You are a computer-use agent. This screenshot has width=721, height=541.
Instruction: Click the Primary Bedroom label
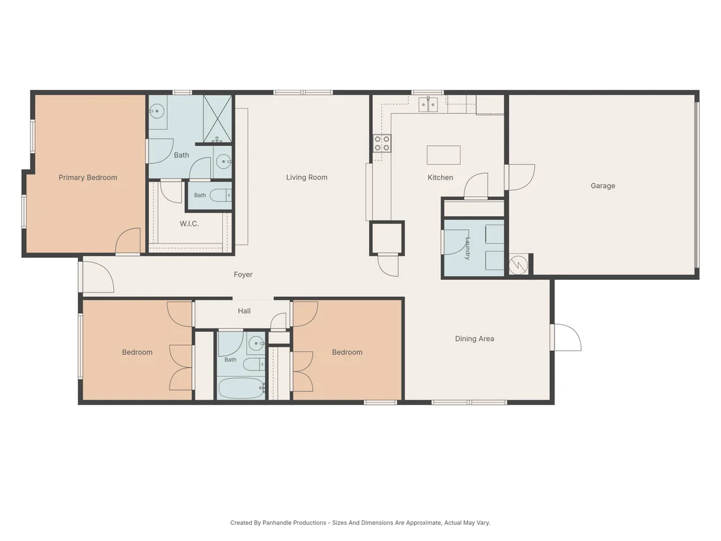coord(88,178)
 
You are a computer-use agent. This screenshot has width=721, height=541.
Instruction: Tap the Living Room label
coord(306,177)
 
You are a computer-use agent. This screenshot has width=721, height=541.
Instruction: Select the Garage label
coord(603,186)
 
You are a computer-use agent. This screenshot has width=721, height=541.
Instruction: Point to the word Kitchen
coord(440,177)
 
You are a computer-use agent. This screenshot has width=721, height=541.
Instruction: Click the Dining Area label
coord(474,339)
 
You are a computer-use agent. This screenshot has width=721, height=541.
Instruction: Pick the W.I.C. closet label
coord(189,223)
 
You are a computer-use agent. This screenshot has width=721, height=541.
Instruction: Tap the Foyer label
coord(243,275)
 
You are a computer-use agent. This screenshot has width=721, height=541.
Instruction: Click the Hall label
coord(244,311)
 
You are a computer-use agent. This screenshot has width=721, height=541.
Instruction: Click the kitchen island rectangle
coord(444,155)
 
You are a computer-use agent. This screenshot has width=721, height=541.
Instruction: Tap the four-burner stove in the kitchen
coord(382,143)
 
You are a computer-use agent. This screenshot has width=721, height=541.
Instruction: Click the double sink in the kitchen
coord(429,104)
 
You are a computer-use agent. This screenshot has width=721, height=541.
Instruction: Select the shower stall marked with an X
coord(217,118)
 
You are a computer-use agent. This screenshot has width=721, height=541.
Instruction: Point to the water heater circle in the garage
coord(518,264)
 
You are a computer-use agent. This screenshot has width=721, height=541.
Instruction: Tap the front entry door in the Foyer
coord(96,277)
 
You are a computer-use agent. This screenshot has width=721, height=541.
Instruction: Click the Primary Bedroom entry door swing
coord(128,241)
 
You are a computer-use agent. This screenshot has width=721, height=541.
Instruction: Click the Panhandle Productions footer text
coord(360,523)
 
